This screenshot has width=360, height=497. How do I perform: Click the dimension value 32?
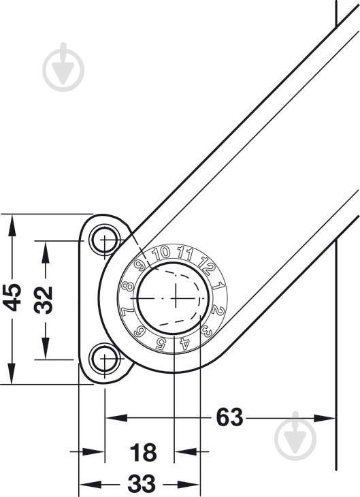pyautogui.click(x=44, y=300)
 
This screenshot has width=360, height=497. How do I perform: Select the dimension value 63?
pyautogui.click(x=230, y=417)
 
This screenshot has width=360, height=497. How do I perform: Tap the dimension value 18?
pyautogui.click(x=143, y=452)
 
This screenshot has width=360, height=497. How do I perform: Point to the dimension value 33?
pyautogui.click(x=142, y=483)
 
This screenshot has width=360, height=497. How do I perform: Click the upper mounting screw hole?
pyautogui.click(x=105, y=240)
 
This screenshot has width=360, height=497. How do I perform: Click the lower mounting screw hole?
pyautogui.click(x=105, y=358)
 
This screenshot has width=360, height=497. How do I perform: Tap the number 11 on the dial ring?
pyautogui.click(x=185, y=253)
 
